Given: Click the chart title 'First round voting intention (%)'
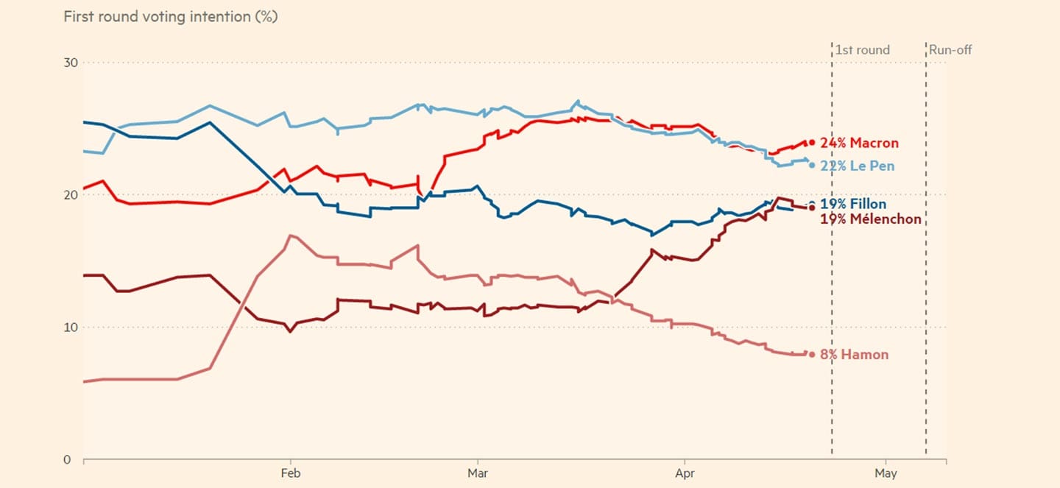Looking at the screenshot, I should tap(170, 16).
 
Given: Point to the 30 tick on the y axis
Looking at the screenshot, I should tap(70, 63).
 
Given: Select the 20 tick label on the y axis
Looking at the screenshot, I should tap(70, 195).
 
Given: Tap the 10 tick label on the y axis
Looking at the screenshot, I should tap(70, 327).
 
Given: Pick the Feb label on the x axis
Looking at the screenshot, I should tap(291, 473).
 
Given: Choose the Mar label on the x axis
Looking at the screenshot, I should tap(478, 473).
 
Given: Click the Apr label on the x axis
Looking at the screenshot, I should tap(685, 473).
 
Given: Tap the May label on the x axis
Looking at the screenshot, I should tap(886, 473).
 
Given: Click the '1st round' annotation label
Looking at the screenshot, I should tap(862, 50).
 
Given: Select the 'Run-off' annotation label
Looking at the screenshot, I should tap(950, 50).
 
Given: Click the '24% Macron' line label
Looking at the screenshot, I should tap(859, 144).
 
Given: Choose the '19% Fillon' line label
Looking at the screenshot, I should tap(853, 204).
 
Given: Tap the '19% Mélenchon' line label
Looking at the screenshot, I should tap(870, 219).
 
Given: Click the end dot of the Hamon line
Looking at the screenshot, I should tap(812, 354).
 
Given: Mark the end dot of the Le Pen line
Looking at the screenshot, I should tap(812, 165).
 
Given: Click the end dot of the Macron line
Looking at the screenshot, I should tap(812, 143).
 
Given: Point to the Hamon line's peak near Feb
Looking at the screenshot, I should tap(291, 236).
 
